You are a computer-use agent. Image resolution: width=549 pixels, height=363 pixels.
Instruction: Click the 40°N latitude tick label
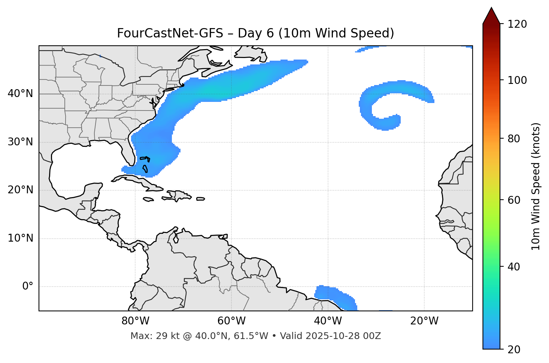click(x=20, y=94)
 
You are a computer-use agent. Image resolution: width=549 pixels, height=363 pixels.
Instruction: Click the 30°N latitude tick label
click(x=20, y=142)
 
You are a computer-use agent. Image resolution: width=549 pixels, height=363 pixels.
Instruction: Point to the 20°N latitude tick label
click(x=20, y=190)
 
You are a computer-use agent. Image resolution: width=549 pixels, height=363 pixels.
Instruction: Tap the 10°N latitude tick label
click(x=20, y=238)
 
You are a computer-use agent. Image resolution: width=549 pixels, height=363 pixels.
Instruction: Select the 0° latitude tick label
click(x=28, y=287)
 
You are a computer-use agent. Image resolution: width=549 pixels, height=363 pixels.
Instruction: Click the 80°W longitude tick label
click(x=135, y=321)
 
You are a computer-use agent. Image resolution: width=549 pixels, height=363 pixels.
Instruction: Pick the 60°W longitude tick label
click(x=231, y=321)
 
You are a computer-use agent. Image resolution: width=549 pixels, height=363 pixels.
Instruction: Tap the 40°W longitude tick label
click(x=328, y=321)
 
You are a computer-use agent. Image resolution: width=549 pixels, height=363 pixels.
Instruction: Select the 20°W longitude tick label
click(x=424, y=321)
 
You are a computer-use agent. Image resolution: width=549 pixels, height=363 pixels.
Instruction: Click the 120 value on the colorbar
click(x=517, y=24)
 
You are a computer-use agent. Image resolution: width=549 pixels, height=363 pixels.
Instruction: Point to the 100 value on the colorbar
click(x=517, y=80)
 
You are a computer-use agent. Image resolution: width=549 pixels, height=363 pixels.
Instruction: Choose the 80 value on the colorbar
click(x=515, y=139)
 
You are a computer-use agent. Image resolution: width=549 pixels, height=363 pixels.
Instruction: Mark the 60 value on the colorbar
click(x=515, y=200)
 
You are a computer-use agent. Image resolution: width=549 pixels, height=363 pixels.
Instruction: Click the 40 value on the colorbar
click(x=515, y=267)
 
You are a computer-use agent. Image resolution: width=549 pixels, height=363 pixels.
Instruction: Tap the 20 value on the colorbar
click(x=515, y=350)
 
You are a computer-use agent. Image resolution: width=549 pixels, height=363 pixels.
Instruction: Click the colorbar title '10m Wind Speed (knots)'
click(x=536, y=187)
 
